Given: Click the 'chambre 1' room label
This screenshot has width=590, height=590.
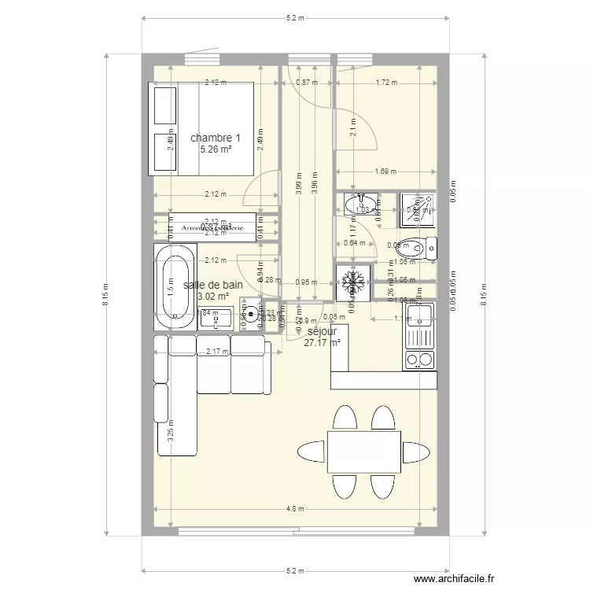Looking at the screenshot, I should click(215, 138).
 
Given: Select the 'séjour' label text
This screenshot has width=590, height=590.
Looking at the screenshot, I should click(322, 331).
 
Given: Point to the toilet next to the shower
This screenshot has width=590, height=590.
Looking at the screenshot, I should click(417, 248).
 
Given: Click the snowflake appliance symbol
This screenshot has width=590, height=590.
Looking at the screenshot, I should click(351, 282).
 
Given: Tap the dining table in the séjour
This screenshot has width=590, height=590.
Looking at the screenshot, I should click(363, 452).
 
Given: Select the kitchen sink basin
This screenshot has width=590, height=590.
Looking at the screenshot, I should click(421, 315).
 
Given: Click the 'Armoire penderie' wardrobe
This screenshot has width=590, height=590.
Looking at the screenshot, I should click(213, 228).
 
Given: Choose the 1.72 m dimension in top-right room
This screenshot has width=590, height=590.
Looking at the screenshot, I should click(385, 82).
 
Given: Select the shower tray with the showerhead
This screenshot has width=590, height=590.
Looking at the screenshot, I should click(415, 205).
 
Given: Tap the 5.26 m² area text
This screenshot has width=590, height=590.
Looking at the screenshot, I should click(215, 149).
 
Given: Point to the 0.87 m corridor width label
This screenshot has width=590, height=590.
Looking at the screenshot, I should click(307, 82).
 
